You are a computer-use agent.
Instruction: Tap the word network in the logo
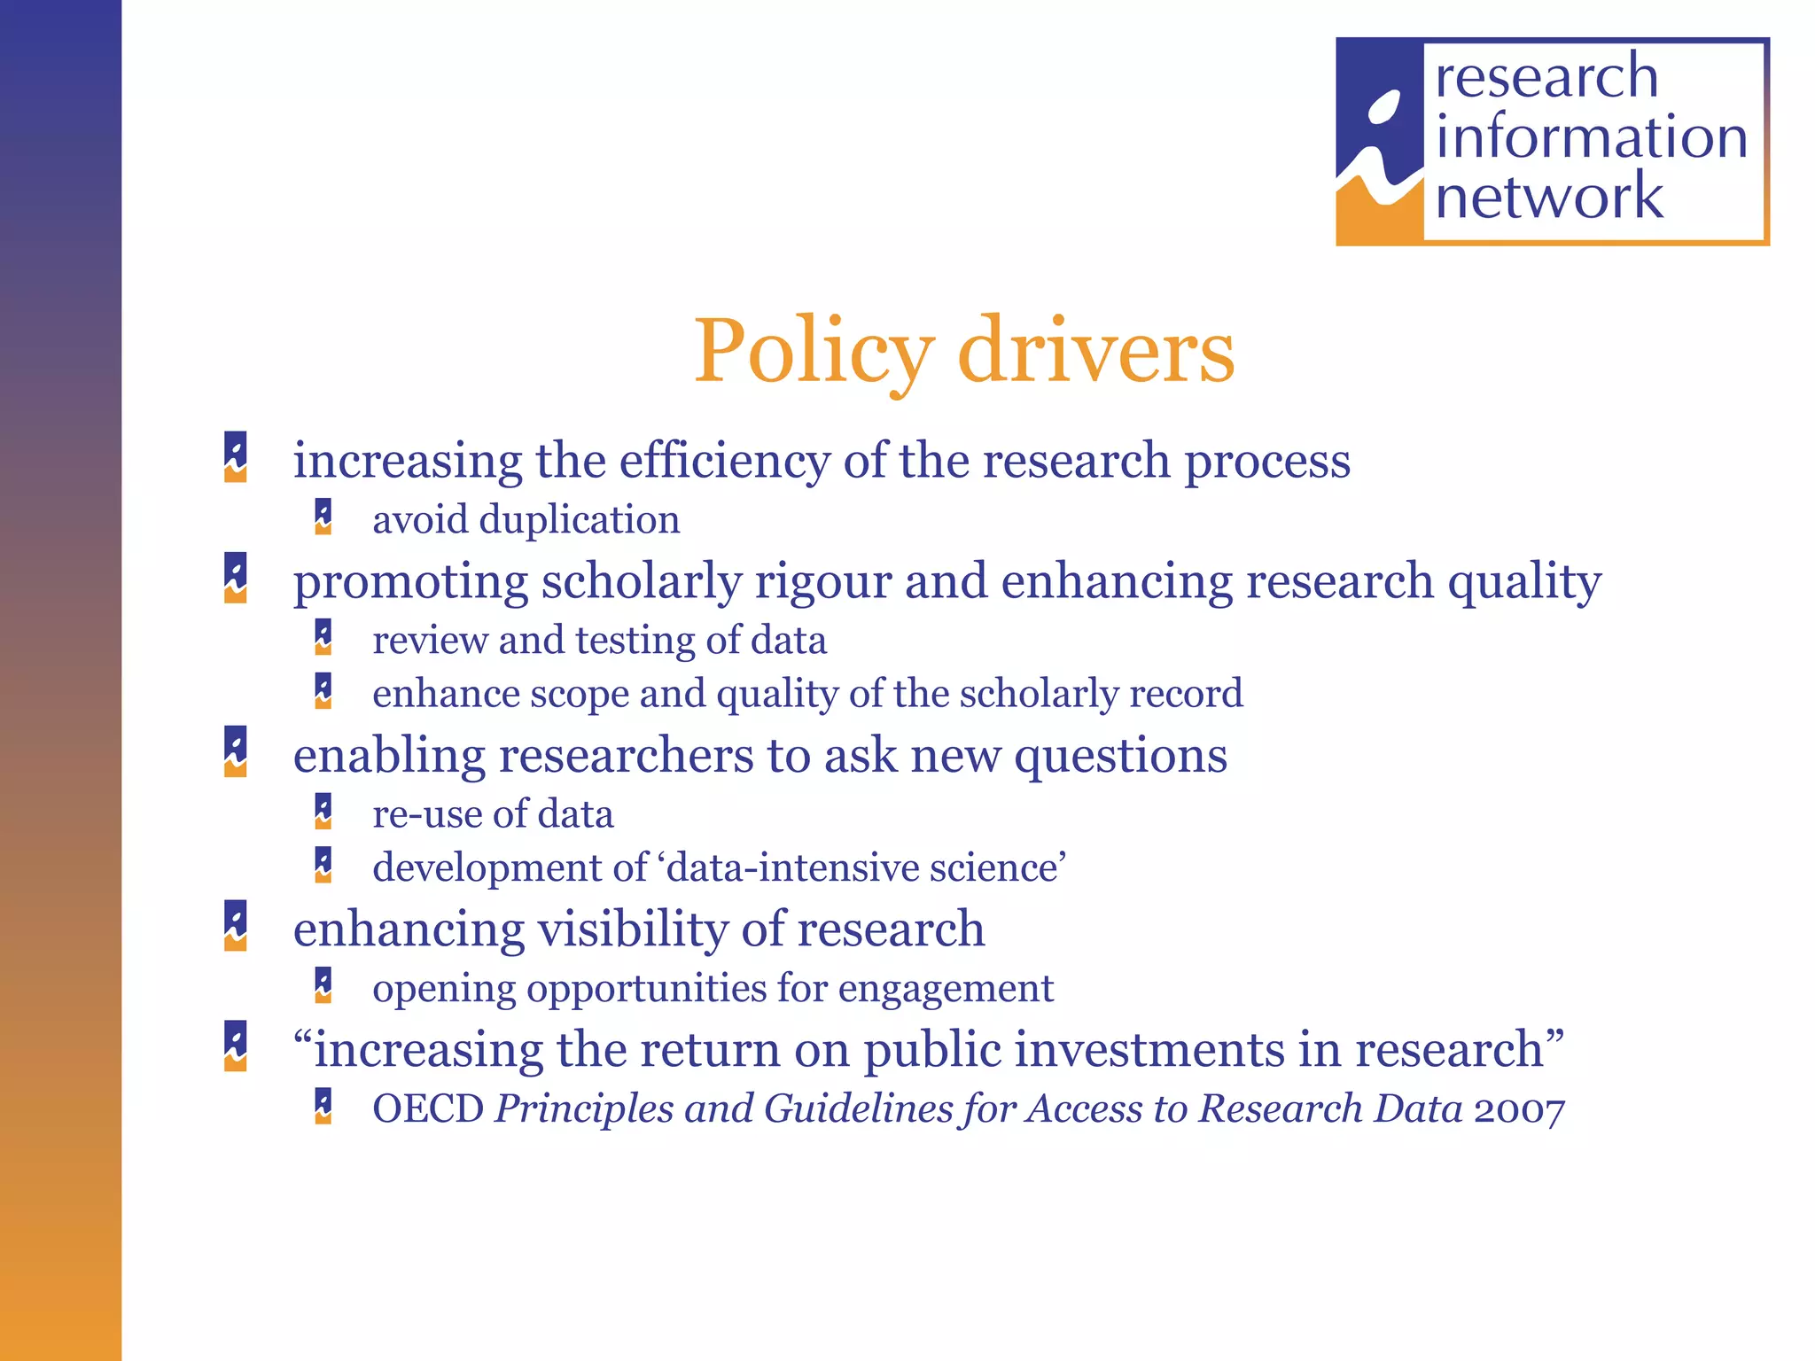point(1549,196)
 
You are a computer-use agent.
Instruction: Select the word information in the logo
point(1591,137)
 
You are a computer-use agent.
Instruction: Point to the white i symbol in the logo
point(1379,142)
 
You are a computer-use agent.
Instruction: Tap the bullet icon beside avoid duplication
point(323,517)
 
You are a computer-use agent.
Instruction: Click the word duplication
point(580,519)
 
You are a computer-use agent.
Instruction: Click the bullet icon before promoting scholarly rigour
point(236,578)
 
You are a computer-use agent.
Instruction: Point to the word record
point(1189,694)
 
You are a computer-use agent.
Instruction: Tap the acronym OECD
point(428,1108)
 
